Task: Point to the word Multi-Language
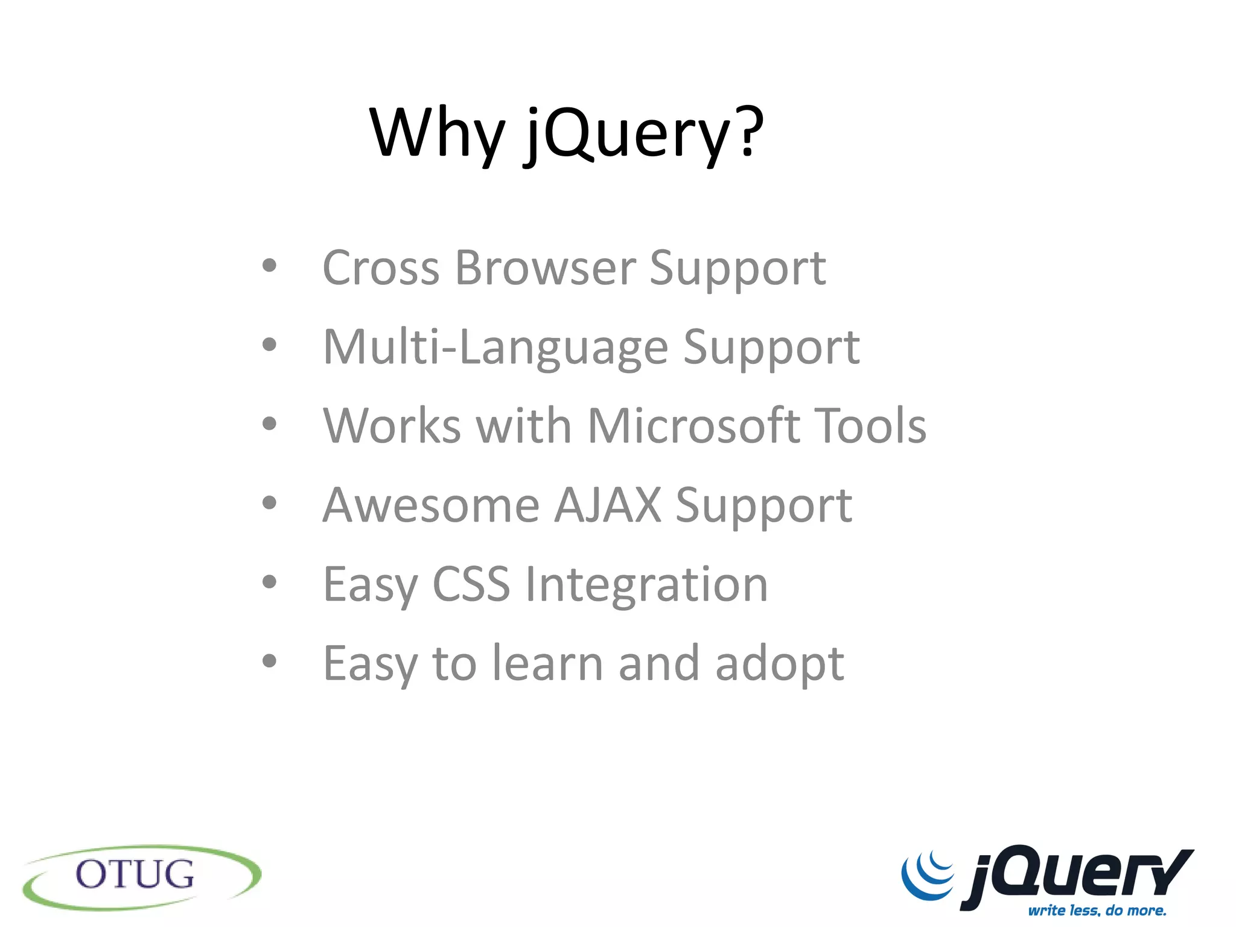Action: pos(495,348)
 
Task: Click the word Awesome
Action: pos(431,505)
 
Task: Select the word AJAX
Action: pos(607,505)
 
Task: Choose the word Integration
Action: pos(646,585)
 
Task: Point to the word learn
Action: pos(547,663)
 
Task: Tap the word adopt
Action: pos(779,664)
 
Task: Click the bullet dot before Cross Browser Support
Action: pos(269,266)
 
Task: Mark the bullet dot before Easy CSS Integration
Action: pos(269,582)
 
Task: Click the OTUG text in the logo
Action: pos(135,874)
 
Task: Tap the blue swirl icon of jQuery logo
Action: pos(928,874)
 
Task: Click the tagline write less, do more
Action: pos(1097,910)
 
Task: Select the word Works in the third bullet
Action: pos(392,426)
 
